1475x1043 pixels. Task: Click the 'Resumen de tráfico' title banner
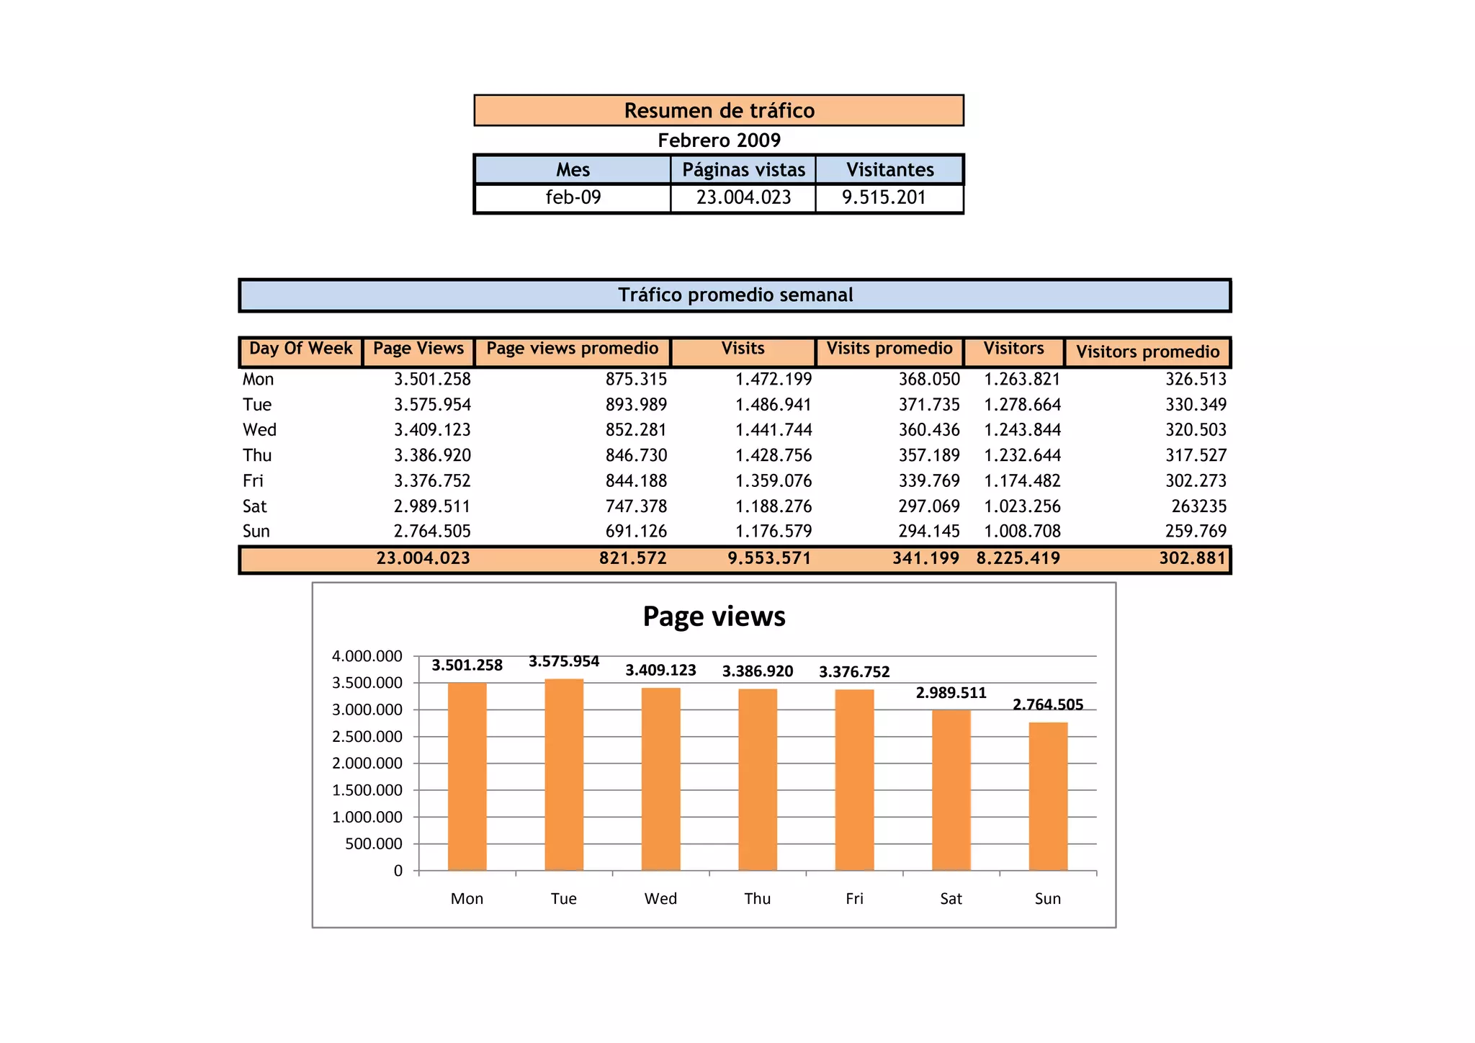719,110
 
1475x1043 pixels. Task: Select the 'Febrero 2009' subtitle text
719,140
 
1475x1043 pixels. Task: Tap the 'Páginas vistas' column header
743,170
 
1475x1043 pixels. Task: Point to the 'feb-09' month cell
573,197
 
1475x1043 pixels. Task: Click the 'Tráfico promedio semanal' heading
735,295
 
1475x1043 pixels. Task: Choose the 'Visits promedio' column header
889,349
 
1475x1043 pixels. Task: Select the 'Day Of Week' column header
300,349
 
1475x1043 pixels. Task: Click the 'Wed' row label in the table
259,430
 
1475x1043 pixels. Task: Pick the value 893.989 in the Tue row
636,405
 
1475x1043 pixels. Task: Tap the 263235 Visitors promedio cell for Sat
1198,506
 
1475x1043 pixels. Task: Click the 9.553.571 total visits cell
768,558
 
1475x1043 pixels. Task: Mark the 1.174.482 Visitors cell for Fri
1022,481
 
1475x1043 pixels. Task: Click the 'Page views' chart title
714,617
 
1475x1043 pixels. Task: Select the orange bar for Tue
564,774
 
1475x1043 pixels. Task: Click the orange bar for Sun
1048,796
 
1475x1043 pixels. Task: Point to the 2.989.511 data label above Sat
951,693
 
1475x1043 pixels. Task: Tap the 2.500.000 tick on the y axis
367,737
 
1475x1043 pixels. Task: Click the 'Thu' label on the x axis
757,899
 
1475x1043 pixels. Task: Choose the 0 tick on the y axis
398,871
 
